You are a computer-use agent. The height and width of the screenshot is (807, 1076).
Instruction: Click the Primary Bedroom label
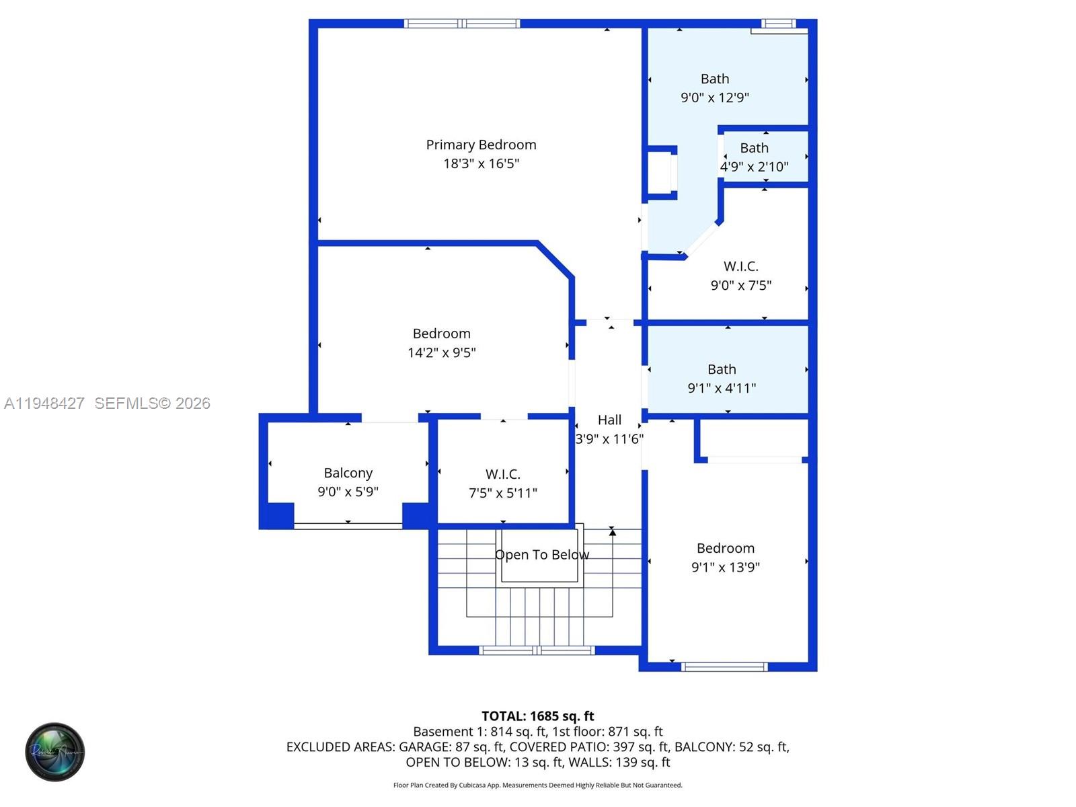(x=481, y=145)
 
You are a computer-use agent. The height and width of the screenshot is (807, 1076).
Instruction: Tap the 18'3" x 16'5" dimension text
(x=481, y=163)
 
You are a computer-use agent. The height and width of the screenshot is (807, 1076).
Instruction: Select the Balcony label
(x=348, y=473)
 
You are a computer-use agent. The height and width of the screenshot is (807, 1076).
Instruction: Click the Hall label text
(x=609, y=420)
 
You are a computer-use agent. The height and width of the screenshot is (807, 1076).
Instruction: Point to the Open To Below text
(x=542, y=555)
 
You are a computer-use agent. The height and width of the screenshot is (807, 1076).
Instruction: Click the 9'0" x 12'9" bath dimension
(x=714, y=98)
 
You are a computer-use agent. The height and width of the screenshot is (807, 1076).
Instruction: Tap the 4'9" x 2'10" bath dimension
(x=754, y=167)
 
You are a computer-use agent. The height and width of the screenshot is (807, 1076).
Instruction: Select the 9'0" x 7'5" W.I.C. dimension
(x=740, y=285)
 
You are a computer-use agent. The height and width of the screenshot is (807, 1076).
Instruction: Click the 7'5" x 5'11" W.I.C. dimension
(x=502, y=493)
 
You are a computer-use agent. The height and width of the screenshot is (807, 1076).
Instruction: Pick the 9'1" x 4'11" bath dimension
(x=721, y=388)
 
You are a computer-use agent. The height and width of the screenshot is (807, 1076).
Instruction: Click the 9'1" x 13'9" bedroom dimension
(x=725, y=567)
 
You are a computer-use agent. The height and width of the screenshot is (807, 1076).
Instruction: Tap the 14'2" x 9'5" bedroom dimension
(x=441, y=352)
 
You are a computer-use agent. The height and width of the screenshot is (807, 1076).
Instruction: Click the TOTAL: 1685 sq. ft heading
(x=537, y=716)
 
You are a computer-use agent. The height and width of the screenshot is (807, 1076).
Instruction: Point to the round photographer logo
(x=55, y=752)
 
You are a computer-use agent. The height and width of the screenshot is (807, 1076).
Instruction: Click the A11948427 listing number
(x=44, y=403)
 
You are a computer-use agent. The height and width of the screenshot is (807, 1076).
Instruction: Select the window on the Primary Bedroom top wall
(x=462, y=24)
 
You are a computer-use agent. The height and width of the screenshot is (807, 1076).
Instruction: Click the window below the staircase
(x=537, y=650)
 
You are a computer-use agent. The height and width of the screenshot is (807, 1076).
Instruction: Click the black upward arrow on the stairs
(x=612, y=532)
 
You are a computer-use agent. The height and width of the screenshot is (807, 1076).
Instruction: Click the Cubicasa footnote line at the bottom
(x=537, y=785)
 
